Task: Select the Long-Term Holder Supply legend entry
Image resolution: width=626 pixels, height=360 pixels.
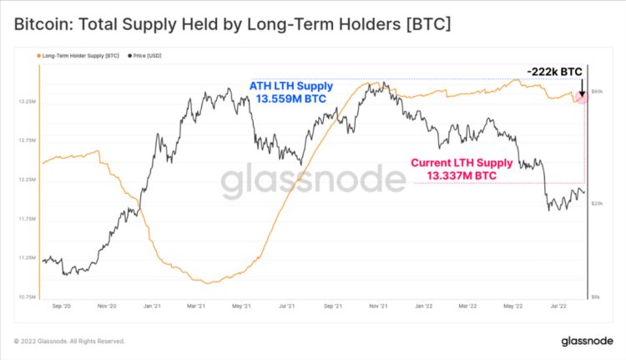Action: pyautogui.click(x=80, y=56)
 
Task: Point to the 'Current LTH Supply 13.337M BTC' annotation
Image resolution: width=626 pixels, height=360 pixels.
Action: pyautogui.click(x=458, y=170)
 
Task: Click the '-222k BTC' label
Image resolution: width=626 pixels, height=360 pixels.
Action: pyautogui.click(x=554, y=73)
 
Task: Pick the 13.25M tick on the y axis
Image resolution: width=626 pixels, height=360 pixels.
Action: pyautogui.click(x=26, y=101)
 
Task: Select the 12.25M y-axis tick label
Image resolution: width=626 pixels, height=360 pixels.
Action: pyautogui.click(x=26, y=180)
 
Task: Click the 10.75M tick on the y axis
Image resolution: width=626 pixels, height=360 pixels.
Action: pyautogui.click(x=26, y=297)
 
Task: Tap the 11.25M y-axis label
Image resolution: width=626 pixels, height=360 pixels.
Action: pyautogui.click(x=26, y=258)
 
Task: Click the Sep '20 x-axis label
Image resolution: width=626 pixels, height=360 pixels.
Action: pyautogui.click(x=61, y=307)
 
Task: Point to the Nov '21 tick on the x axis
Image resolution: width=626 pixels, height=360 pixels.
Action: pyautogui.click(x=378, y=307)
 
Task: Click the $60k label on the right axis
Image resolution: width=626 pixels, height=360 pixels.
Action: pyautogui.click(x=598, y=90)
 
